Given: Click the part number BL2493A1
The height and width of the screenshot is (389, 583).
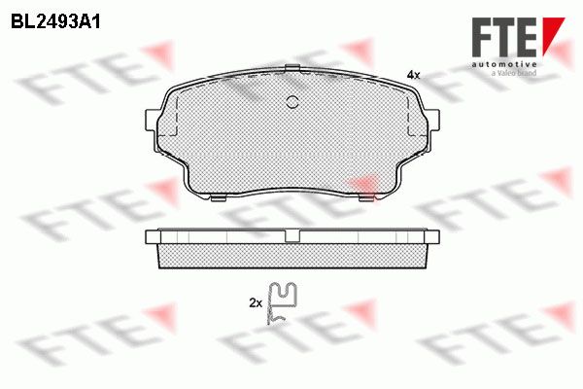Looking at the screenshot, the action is pos(55,22).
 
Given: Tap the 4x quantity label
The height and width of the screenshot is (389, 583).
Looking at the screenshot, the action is pos(413,75).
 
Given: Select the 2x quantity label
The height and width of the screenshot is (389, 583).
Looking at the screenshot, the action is pos(256,303).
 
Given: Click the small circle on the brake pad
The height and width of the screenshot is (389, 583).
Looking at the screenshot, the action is pos(292,101).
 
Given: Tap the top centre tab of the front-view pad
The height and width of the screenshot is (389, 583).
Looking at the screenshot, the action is pos(292,68).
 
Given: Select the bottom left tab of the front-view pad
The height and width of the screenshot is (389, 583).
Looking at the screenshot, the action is pos(218,198).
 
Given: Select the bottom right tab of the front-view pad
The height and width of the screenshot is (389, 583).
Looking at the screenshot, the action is pos(366,198).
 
